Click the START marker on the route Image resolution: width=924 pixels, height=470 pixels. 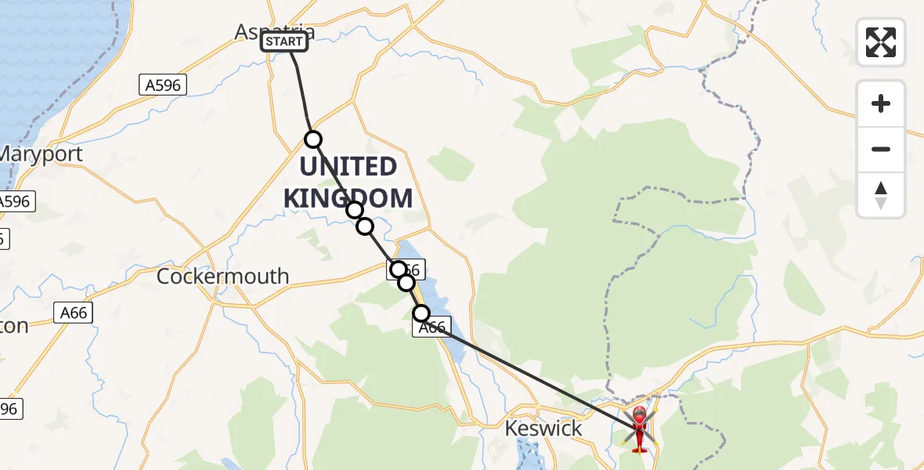[284, 42]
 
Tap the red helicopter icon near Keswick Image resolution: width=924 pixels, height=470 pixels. [640, 428]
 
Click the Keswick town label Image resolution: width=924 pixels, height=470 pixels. [544, 428]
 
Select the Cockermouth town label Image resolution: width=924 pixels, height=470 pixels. [222, 277]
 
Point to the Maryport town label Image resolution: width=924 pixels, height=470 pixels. [41, 154]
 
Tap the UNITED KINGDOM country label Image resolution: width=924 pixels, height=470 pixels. [348, 182]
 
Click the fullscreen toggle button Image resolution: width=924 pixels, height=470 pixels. [881, 42]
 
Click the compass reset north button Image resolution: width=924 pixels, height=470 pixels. [881, 195]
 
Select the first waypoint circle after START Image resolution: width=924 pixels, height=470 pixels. [313, 139]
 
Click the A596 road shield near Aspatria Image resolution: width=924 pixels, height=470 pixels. [163, 85]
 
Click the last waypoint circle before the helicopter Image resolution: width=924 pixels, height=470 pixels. [421, 313]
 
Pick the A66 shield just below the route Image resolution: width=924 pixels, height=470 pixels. [432, 328]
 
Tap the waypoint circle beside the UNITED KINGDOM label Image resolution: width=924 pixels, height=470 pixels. [355, 209]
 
